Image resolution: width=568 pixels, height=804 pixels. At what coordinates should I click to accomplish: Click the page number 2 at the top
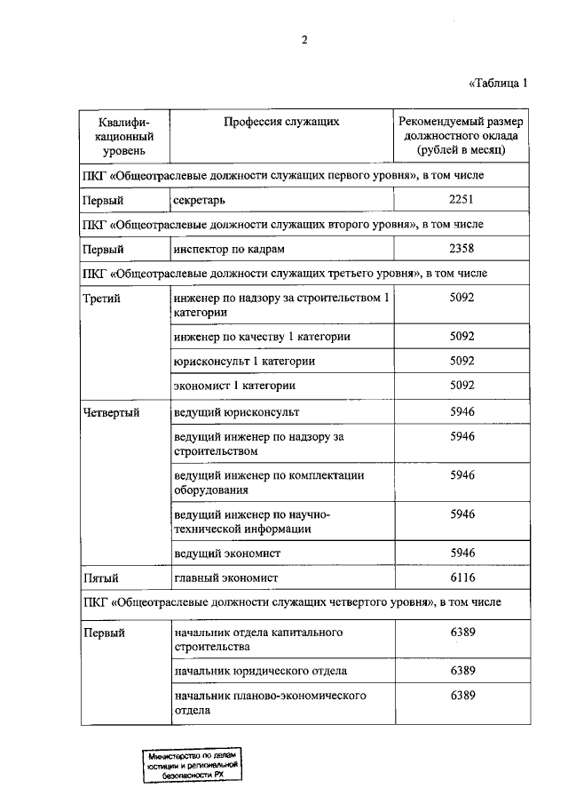point(304,39)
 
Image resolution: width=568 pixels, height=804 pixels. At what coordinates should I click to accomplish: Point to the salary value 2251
point(462,200)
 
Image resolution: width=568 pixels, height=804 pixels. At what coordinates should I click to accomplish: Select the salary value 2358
point(462,249)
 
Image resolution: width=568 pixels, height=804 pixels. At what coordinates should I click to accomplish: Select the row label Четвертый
point(110,413)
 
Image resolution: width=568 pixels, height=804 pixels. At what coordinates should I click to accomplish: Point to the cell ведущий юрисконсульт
point(237,413)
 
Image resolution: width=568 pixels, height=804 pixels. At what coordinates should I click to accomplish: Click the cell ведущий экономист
point(227,553)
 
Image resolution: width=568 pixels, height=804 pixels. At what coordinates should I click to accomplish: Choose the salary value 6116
point(462,577)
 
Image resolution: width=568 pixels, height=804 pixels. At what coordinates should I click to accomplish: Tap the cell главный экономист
point(226,577)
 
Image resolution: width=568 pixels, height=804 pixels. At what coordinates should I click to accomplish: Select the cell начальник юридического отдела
point(260,670)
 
